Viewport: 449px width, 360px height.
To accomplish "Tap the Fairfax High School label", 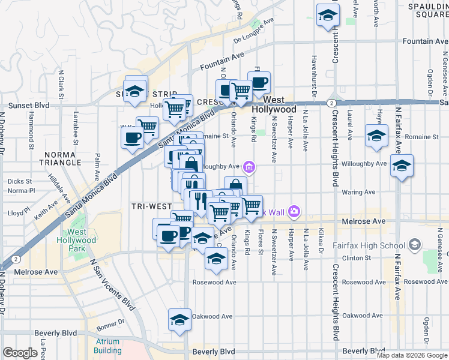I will [x=376, y=245].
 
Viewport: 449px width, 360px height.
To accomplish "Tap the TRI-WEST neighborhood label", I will [x=152, y=206].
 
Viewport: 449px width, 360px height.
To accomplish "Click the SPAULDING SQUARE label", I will [x=429, y=10].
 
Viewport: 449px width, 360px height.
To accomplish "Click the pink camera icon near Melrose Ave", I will [x=294, y=211].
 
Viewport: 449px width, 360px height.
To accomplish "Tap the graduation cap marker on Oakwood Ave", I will [x=179, y=320].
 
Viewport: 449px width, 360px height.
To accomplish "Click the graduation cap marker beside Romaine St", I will [x=376, y=136].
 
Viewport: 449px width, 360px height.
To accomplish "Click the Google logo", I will [x=20, y=353].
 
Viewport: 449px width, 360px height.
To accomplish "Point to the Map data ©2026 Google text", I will [x=411, y=355].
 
